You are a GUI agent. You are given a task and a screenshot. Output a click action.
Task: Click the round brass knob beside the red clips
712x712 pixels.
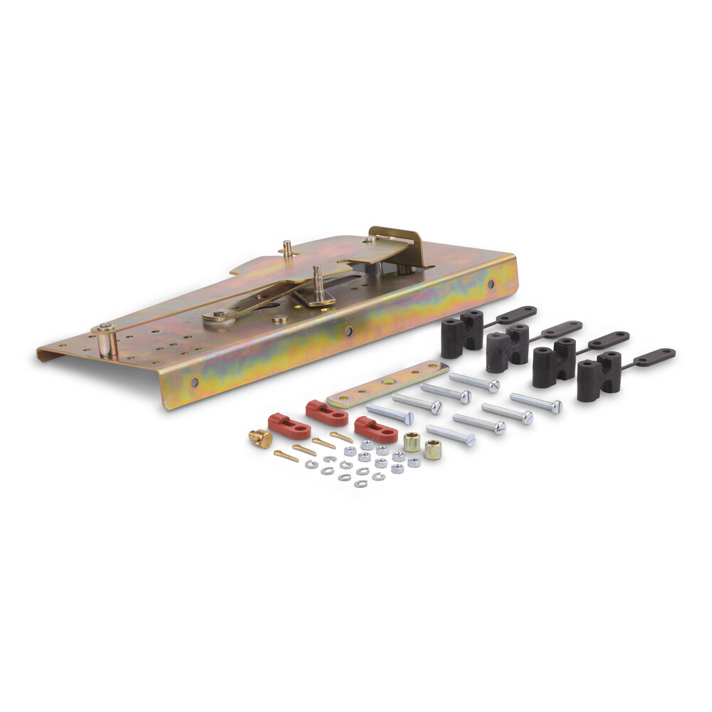(x=261, y=438)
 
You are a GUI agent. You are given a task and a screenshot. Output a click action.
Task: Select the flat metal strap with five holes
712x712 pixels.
(x=387, y=384)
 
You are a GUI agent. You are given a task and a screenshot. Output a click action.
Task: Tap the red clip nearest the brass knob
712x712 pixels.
(x=289, y=426)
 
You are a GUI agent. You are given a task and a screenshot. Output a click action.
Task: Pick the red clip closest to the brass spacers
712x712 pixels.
(x=375, y=429)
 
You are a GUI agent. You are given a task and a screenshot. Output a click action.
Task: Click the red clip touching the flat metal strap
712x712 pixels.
(x=327, y=412)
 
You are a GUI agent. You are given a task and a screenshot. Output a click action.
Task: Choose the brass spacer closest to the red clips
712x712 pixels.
(x=412, y=441)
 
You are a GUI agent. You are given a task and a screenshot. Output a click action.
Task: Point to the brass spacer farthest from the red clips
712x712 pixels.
(x=432, y=449)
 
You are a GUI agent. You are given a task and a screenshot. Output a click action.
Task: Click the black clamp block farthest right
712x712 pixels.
(x=599, y=375)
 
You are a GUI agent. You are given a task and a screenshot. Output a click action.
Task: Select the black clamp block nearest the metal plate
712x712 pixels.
(x=462, y=333)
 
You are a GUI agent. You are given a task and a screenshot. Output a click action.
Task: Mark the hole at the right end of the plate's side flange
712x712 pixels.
(x=490, y=284)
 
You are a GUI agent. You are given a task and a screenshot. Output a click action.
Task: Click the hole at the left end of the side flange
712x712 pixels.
(x=194, y=382)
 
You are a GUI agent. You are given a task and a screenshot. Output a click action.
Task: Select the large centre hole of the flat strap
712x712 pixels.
(x=388, y=384)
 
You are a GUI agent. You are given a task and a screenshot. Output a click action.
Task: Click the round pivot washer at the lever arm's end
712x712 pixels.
(x=213, y=318)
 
